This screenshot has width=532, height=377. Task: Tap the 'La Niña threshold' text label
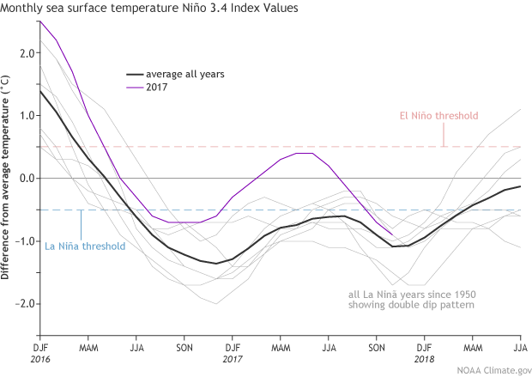[x=84, y=246]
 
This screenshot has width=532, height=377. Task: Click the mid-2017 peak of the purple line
[x=304, y=153]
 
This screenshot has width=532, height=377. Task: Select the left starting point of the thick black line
[x=39, y=90]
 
